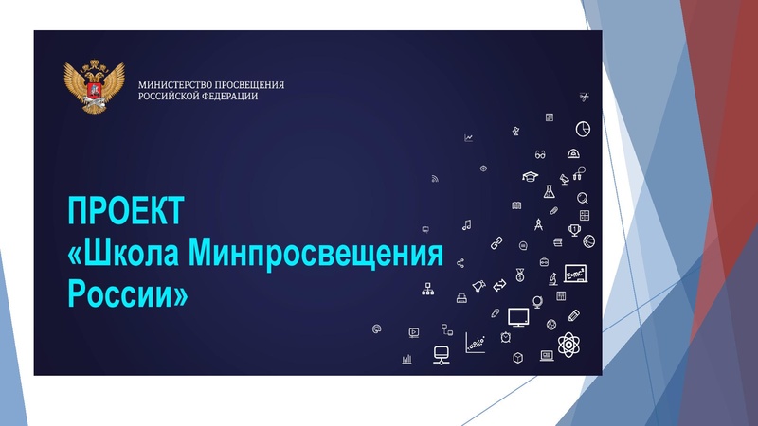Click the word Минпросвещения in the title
point(316,253)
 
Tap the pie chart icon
point(585,127)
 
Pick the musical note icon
point(466,224)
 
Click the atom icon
point(568,345)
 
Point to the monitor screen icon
point(518,315)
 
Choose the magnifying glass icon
point(583,199)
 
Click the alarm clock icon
point(508,338)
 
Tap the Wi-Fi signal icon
point(435,178)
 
